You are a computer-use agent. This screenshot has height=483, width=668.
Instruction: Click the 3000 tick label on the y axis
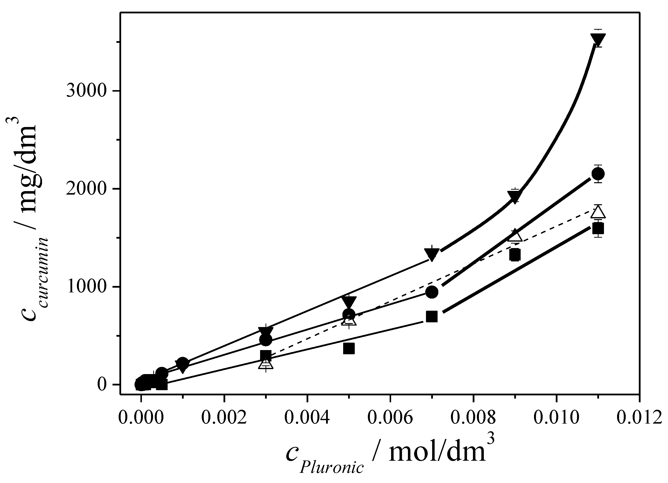click(86, 91)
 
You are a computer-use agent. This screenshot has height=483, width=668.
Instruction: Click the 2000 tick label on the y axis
click(86, 189)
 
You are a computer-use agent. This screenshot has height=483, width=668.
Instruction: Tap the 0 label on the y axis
click(102, 384)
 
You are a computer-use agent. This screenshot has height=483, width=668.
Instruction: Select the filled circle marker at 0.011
click(598, 174)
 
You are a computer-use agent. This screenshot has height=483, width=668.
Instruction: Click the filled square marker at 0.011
click(598, 229)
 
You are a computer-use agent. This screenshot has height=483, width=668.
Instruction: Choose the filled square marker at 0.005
click(349, 349)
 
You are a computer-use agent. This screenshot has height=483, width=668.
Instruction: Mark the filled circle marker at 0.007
click(432, 292)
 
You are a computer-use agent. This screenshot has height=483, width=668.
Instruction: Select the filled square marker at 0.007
click(432, 317)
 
